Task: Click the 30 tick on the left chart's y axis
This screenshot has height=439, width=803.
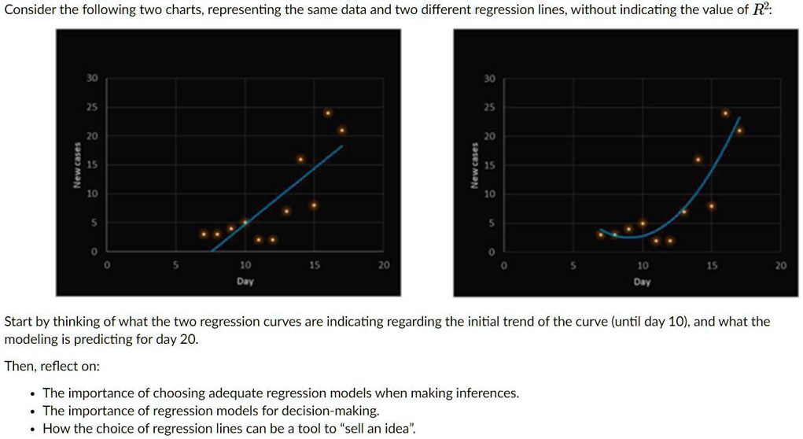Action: tap(93, 79)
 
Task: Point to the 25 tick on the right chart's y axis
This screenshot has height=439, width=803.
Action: tap(490, 108)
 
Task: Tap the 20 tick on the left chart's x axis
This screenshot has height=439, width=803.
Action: tap(383, 266)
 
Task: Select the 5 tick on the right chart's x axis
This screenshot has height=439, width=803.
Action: tap(573, 266)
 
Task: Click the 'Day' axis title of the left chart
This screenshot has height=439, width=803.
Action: tap(245, 281)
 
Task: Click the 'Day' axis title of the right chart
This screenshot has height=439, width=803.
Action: tap(642, 281)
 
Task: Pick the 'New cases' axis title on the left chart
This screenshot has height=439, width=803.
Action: tap(77, 165)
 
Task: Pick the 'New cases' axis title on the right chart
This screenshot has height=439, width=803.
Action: tap(474, 165)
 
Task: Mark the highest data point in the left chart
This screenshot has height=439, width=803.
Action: tap(328, 113)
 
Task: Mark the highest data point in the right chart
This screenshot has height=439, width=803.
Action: tap(725, 113)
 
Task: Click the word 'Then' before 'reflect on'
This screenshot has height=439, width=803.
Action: tap(20, 367)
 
